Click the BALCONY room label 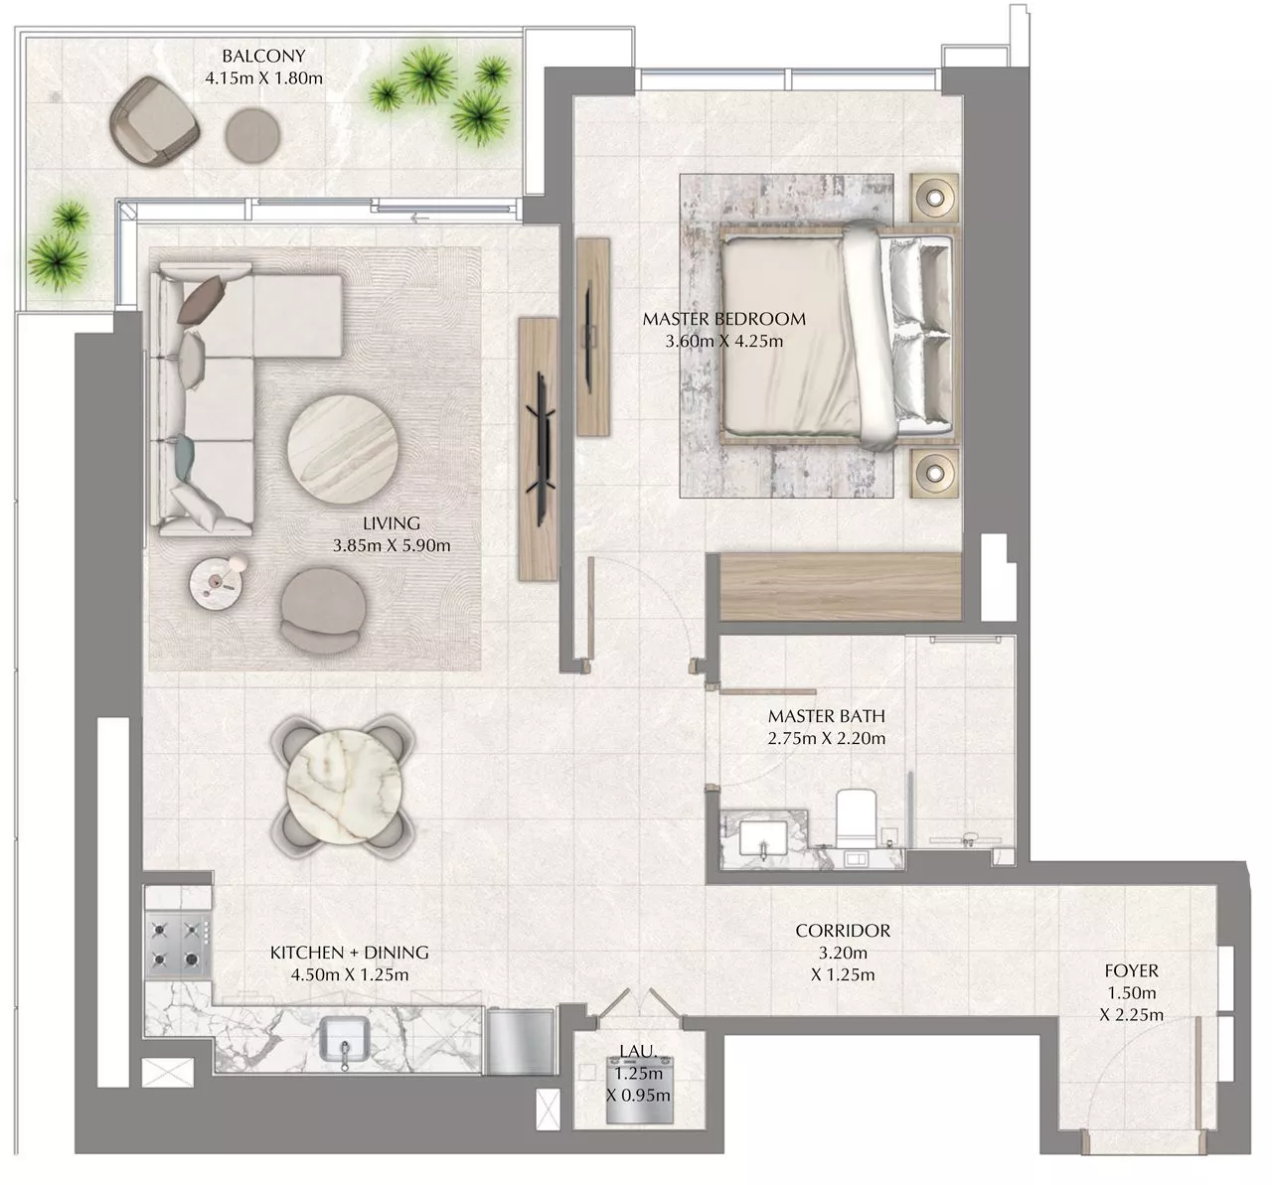coord(263,57)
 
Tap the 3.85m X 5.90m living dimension coord(392,545)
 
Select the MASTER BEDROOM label coord(723,319)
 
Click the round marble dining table coord(344,787)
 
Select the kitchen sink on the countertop coord(345,1041)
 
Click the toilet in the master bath coord(856,820)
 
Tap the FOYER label coord(1132,970)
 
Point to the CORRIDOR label coord(843,930)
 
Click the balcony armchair coord(154,120)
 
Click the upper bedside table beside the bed coord(934,198)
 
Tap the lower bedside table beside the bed coord(934,473)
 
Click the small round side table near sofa coord(216,583)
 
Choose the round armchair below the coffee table coord(323,611)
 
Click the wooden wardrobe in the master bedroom coord(841,586)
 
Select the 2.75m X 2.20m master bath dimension coord(826,738)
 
